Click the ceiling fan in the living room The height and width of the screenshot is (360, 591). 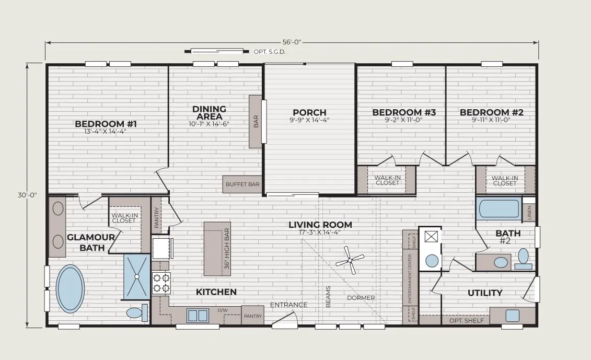click(350, 260)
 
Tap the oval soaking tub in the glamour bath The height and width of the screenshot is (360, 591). click(71, 289)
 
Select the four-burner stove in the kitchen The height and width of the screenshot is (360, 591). click(161, 283)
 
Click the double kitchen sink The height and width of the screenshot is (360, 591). click(198, 316)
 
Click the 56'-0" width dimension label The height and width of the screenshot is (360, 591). click(292, 42)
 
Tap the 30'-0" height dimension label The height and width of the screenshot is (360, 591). click(27, 195)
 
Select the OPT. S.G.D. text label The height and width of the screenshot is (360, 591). click(270, 52)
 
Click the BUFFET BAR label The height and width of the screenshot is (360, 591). click(243, 184)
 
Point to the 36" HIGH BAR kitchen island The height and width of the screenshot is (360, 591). click(217, 249)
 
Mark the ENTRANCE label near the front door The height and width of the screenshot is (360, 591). click(289, 305)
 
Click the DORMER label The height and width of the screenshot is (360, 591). click(361, 298)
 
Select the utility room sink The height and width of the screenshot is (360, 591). click(512, 315)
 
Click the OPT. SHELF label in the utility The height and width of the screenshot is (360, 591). click(467, 320)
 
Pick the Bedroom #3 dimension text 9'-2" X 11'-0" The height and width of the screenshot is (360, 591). click(404, 120)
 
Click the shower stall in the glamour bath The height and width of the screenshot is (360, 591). click(137, 277)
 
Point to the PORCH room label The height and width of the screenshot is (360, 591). click(309, 112)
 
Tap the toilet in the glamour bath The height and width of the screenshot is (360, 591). click(136, 312)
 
